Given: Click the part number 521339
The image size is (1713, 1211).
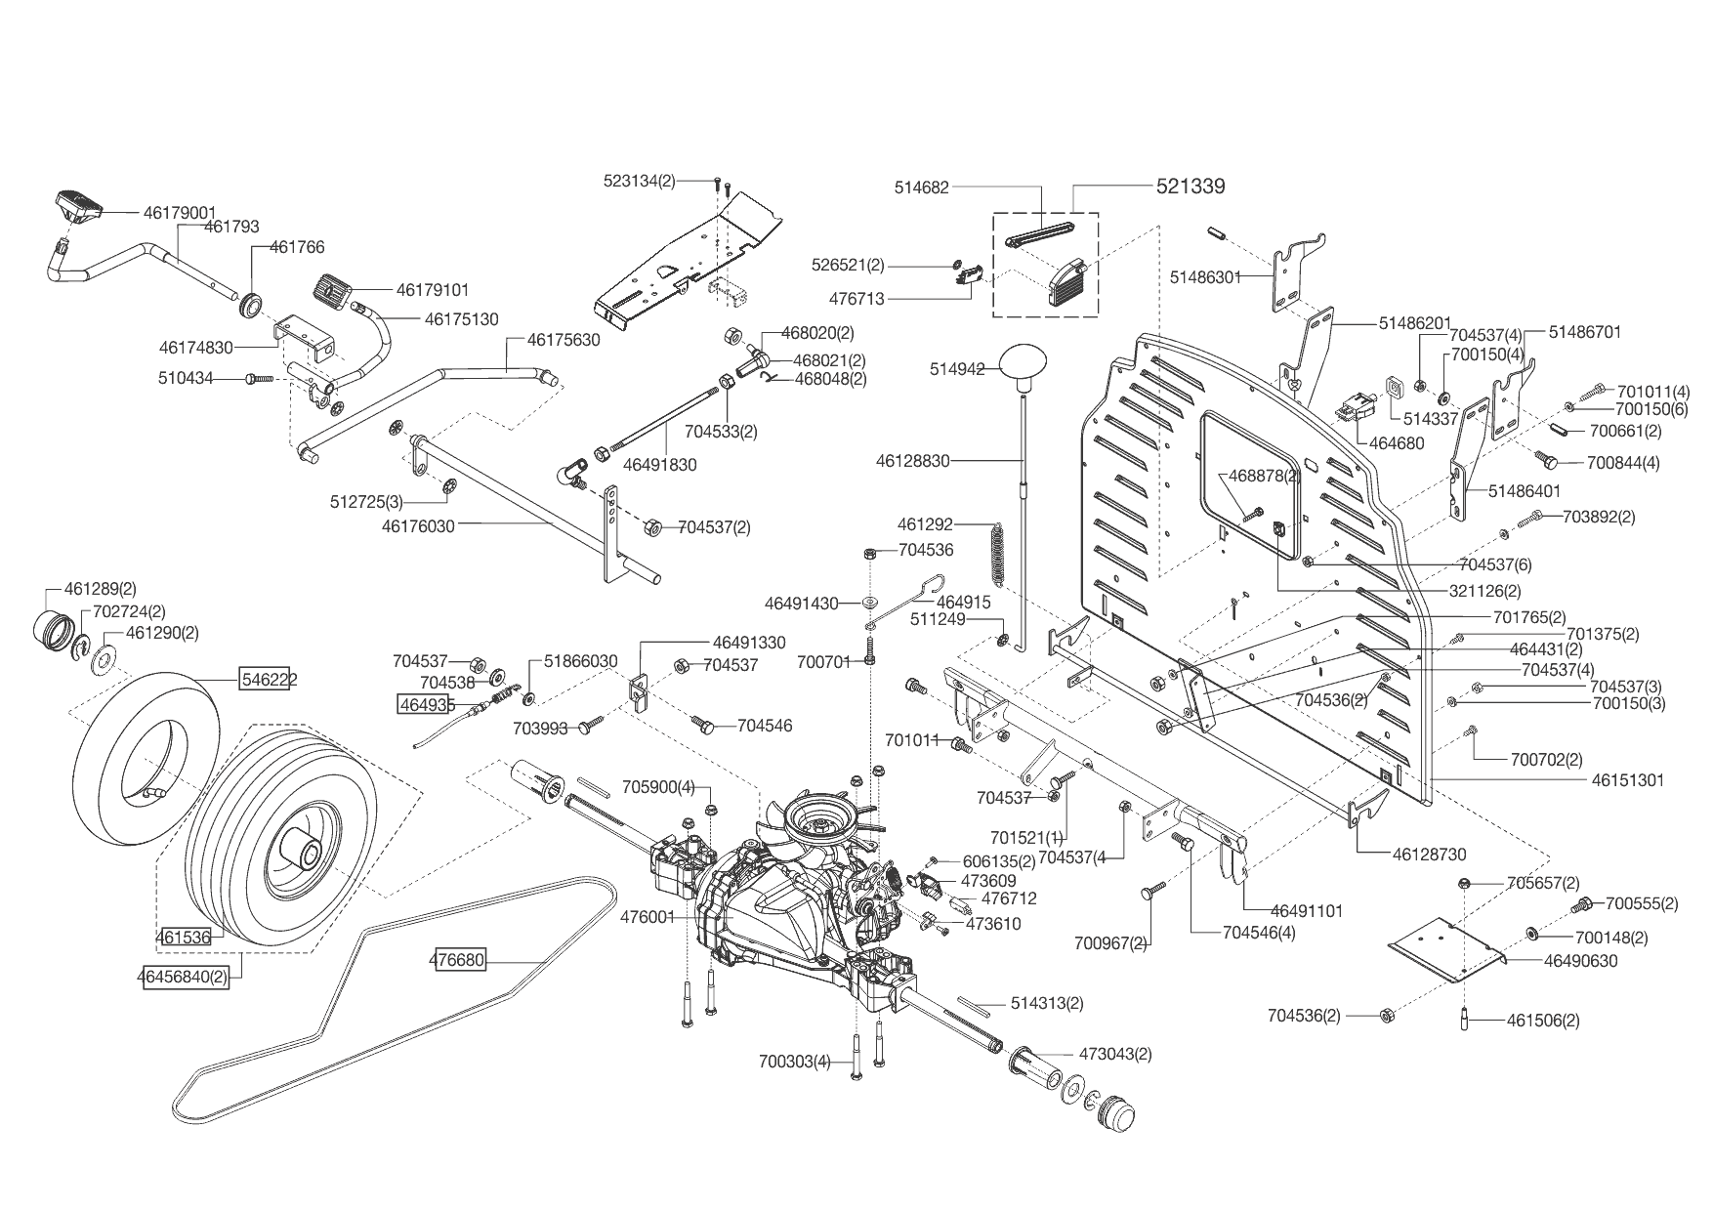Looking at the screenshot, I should coord(1191,186).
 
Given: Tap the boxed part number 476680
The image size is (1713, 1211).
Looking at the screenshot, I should coord(457,961).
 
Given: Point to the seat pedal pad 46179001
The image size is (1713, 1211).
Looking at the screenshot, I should coord(80,204).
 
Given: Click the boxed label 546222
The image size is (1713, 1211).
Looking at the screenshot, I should coord(270,679).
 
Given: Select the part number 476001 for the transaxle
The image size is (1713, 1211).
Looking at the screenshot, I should coord(648,916).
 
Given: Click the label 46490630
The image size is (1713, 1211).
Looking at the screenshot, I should coord(1580,961).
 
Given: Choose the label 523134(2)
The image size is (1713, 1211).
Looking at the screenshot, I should coord(639,181).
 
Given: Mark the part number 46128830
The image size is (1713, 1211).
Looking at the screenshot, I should coord(912,460).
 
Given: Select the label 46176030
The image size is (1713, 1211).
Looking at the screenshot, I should coord(418,524).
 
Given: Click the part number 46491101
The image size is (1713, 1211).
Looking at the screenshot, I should coord(1307,910).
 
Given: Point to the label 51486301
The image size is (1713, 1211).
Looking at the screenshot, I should coord(1205,277).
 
